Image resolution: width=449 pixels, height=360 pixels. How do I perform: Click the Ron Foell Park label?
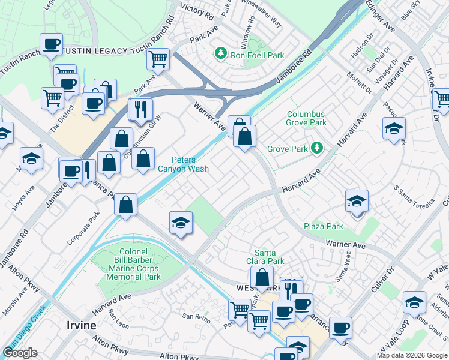pyautogui.click(x=258, y=55)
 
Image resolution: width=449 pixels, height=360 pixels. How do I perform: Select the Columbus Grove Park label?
pyautogui.click(x=306, y=118)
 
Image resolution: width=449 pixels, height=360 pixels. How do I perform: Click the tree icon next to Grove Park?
pyautogui.click(x=316, y=148)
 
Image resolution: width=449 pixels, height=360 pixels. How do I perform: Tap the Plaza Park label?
pyautogui.click(x=323, y=226)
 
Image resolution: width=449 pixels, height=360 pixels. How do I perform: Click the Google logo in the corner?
pyautogui.click(x=20, y=353)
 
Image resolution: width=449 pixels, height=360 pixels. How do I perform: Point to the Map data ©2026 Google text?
pyautogui.click(x=412, y=355)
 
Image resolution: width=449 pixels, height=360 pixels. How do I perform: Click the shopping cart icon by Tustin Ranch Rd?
pyautogui.click(x=158, y=59)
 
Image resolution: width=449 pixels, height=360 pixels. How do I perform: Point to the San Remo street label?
pyautogui.click(x=195, y=316)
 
